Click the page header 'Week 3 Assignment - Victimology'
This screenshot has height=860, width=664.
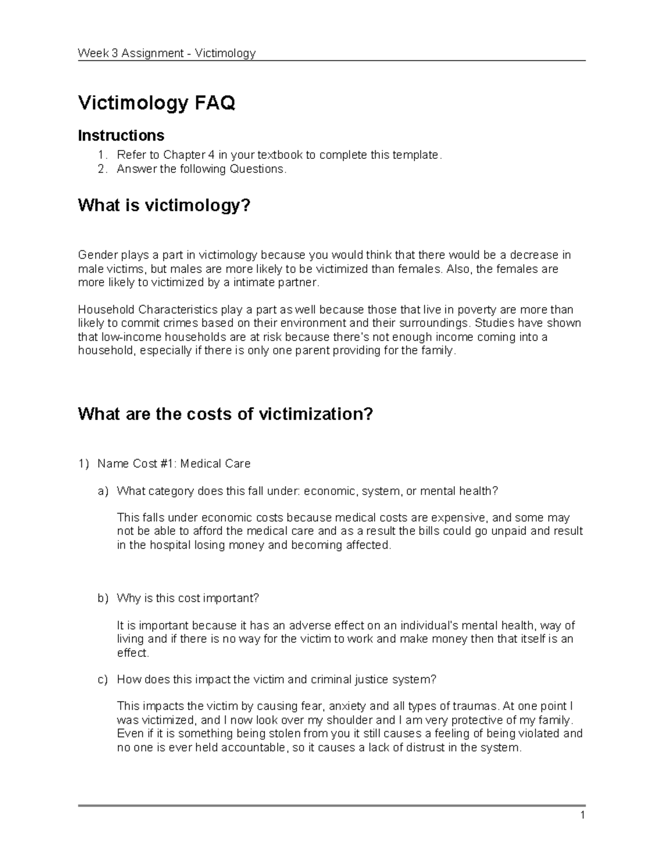point(167,53)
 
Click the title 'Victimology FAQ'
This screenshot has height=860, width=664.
point(157,103)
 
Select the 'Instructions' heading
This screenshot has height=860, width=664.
point(121,135)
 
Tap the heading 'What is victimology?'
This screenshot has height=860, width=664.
point(164,205)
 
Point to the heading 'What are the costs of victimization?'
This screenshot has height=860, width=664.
point(226,414)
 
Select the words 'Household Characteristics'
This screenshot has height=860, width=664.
point(148,310)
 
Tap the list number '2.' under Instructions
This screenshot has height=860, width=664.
point(101,169)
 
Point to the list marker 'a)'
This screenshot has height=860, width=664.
point(103,491)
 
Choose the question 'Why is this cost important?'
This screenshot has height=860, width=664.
point(188,598)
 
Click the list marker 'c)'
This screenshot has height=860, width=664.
point(103,679)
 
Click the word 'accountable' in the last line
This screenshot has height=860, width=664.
point(254,748)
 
